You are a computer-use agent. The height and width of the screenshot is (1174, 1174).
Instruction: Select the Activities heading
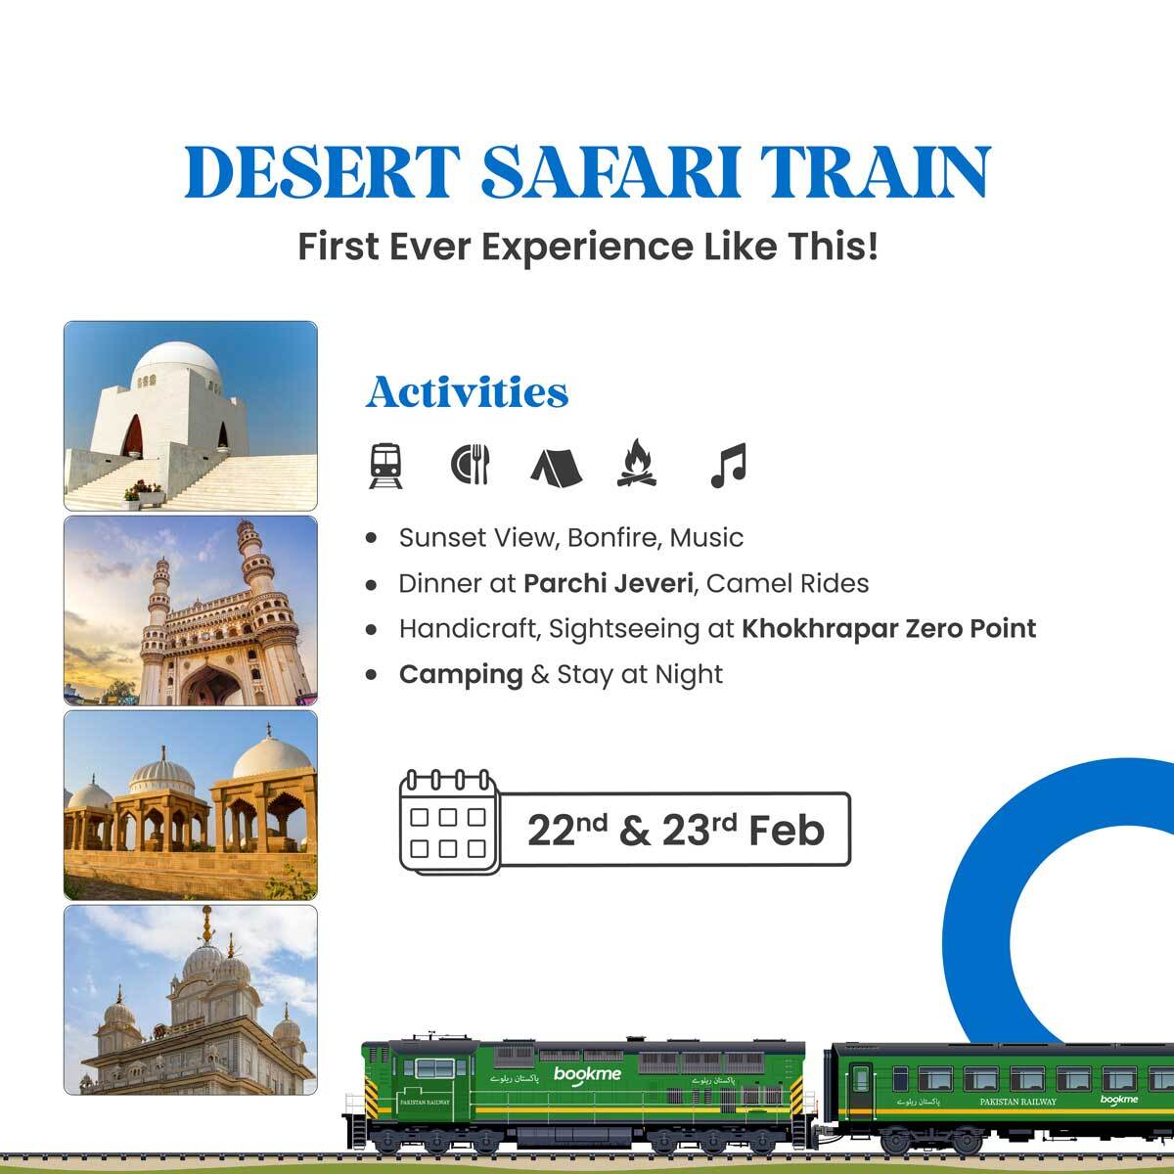point(467,392)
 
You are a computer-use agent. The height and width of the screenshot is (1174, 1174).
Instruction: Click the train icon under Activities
point(385,466)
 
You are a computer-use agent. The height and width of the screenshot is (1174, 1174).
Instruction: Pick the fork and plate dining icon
point(471,465)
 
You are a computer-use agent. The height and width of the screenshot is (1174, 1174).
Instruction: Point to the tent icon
point(556,466)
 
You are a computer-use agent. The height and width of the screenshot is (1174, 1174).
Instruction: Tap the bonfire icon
point(638,464)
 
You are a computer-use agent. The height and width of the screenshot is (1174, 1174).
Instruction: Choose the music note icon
point(728,466)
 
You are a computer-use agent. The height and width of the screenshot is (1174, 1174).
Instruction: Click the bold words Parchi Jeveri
point(609,584)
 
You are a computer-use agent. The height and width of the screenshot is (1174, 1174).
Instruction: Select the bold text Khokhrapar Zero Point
point(888,628)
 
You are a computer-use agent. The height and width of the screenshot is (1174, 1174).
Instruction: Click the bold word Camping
point(461,674)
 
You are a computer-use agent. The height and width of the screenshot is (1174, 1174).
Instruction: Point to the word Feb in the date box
point(787,831)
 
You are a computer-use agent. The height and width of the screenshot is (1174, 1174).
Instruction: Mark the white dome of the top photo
point(176,364)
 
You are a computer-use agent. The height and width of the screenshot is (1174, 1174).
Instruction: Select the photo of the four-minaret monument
point(191,610)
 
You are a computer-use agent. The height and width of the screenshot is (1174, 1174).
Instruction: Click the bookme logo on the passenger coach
point(1118,1100)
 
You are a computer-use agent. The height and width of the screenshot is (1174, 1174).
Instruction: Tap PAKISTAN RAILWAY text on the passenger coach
point(1017,1102)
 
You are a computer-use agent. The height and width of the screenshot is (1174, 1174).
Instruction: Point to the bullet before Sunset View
point(371,538)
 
